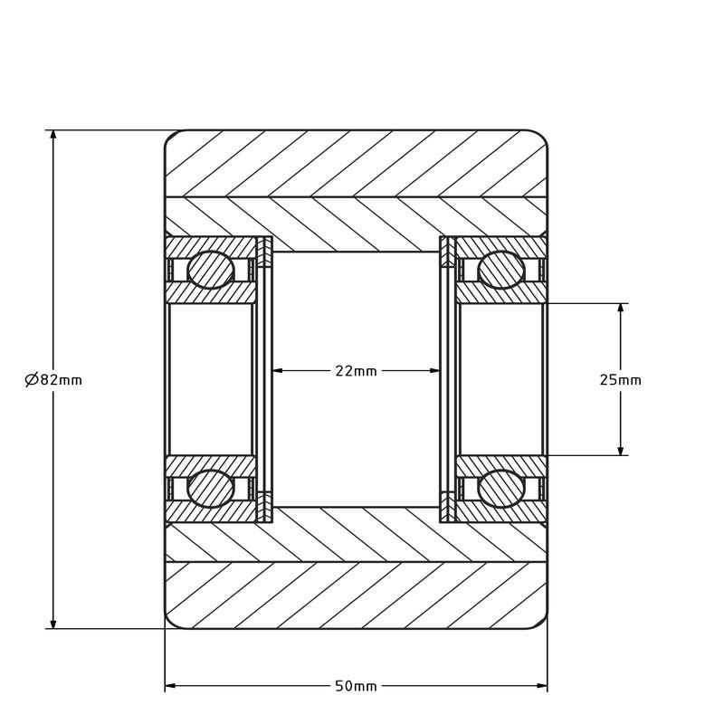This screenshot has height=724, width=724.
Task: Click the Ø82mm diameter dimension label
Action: pyautogui.click(x=53, y=380)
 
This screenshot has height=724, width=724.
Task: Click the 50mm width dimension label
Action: pyautogui.click(x=356, y=686)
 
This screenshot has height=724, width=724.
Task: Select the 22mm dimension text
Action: pyautogui.click(x=356, y=371)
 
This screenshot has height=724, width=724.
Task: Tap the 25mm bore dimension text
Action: pyautogui.click(x=620, y=380)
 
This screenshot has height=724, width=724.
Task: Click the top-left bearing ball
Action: pyautogui.click(x=210, y=270)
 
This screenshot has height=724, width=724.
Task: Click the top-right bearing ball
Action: pyautogui.click(x=501, y=270)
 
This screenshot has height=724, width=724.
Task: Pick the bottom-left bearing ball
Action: pyautogui.click(x=210, y=489)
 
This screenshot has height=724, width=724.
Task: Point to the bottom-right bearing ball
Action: pyautogui.click(x=501, y=489)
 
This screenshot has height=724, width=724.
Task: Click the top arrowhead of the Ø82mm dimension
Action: pyautogui.click(x=53, y=137)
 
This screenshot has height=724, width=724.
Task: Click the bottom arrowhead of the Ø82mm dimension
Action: pyautogui.click(x=53, y=622)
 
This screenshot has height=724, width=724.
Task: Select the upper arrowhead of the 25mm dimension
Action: pyautogui.click(x=621, y=310)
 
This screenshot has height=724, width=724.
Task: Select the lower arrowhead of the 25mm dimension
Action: pyautogui.click(x=621, y=449)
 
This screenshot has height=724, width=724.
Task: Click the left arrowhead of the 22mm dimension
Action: pyautogui.click(x=279, y=370)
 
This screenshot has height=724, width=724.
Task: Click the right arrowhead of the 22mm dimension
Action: pyautogui.click(x=433, y=370)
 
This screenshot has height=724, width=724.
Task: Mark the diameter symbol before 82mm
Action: pyautogui.click(x=31, y=380)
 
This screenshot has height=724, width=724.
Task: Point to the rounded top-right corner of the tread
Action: pyautogui.click(x=540, y=138)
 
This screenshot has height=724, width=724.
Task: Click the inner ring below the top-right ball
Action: pyautogui.click(x=501, y=293)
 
